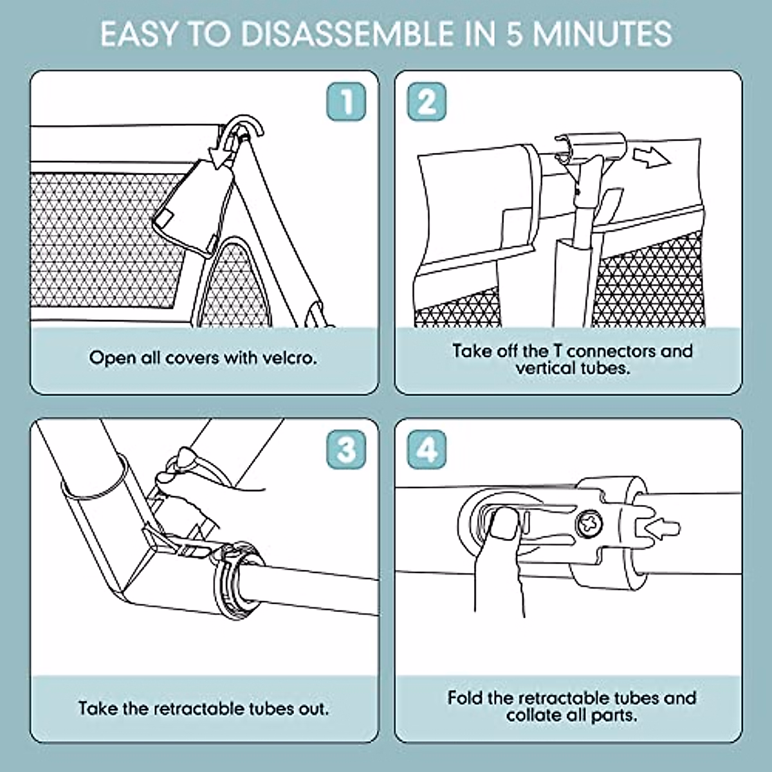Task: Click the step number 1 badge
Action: [346, 102]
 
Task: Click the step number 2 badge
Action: [427, 102]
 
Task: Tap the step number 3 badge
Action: [346, 450]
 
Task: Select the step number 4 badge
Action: [427, 450]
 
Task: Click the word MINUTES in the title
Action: [602, 34]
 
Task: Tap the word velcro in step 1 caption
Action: [290, 358]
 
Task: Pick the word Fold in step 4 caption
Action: [465, 697]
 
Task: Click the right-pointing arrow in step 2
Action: [652, 158]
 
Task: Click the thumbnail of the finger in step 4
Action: [506, 523]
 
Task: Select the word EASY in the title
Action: [138, 34]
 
